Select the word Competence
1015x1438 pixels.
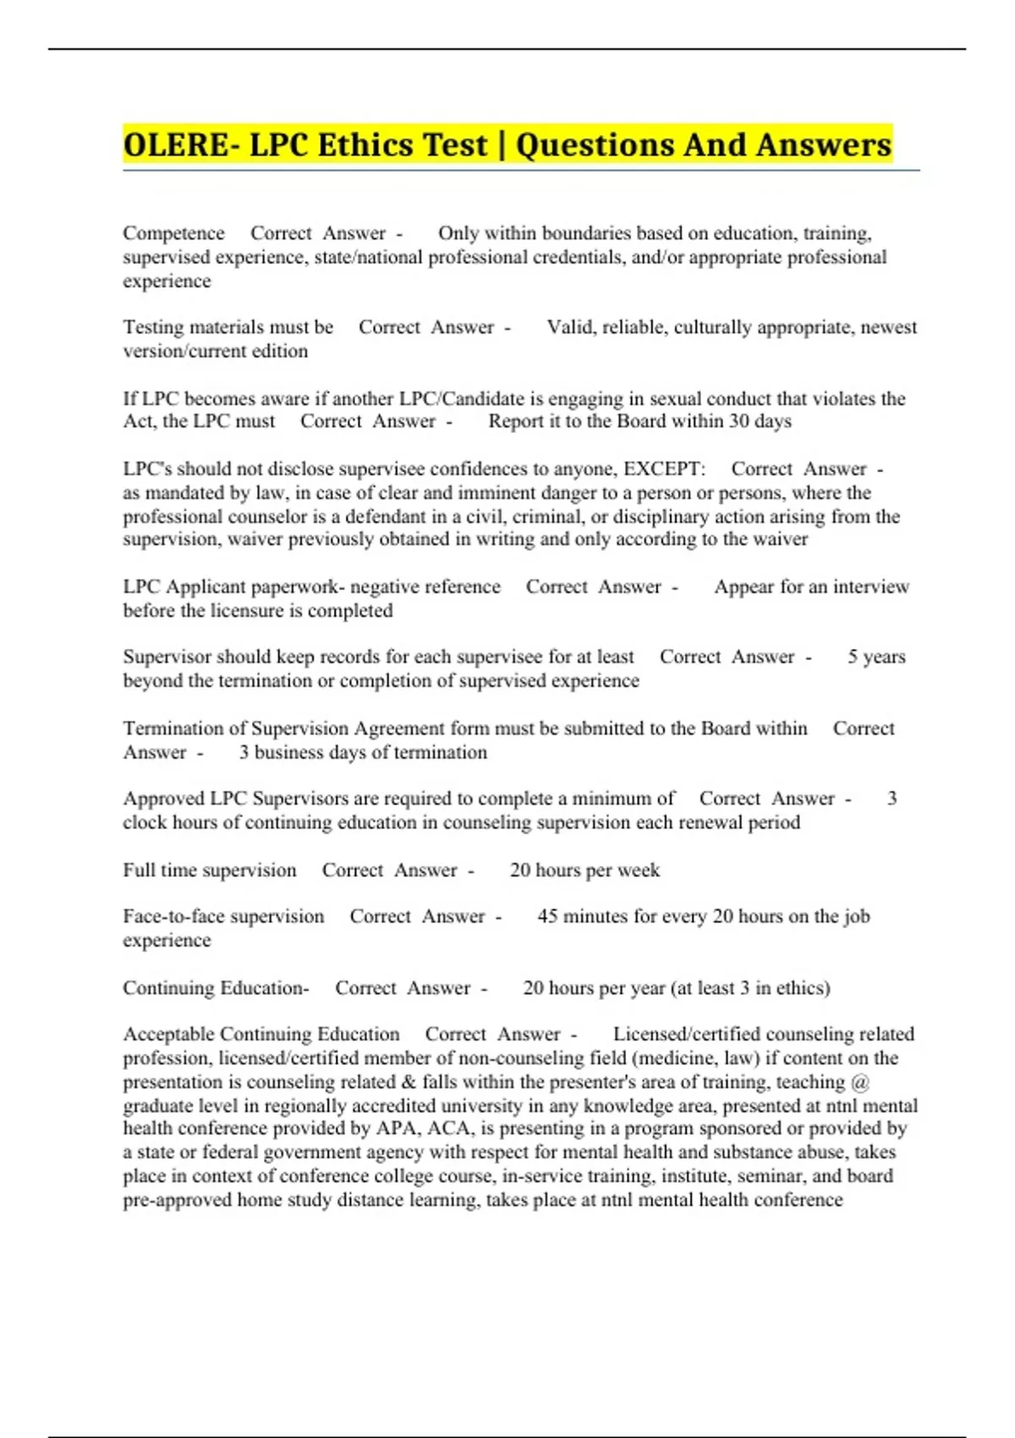click(x=173, y=233)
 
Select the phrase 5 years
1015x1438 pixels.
click(x=876, y=657)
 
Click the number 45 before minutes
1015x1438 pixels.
click(x=547, y=917)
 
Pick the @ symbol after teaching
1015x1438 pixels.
click(x=861, y=1083)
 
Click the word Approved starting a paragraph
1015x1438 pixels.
click(x=163, y=799)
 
